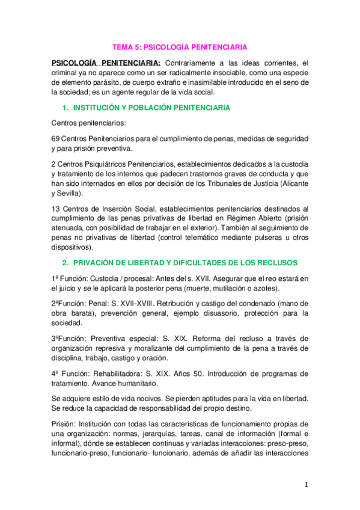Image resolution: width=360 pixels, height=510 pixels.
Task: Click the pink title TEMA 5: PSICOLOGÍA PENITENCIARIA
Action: (x=180, y=46)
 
